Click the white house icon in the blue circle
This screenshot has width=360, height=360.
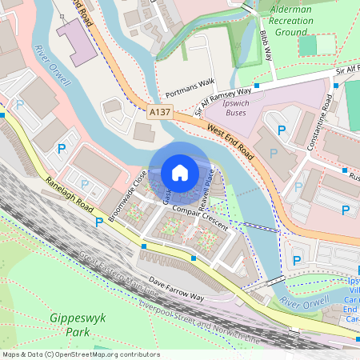point(179,171)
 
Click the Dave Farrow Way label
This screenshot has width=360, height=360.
point(178,290)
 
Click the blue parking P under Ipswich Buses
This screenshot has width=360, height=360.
point(281,130)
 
